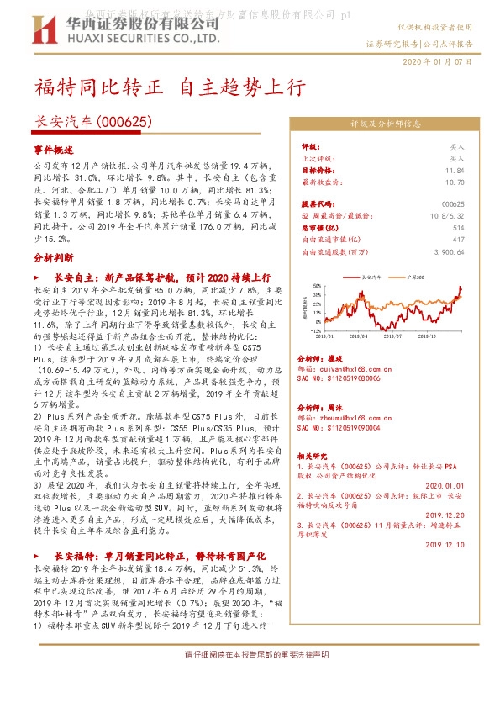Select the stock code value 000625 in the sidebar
pyautogui.click(x=452, y=203)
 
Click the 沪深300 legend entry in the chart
pyautogui.click(x=418, y=275)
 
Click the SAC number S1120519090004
pyautogui.click(x=343, y=427)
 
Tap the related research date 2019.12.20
pyautogui.click(x=446, y=515)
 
